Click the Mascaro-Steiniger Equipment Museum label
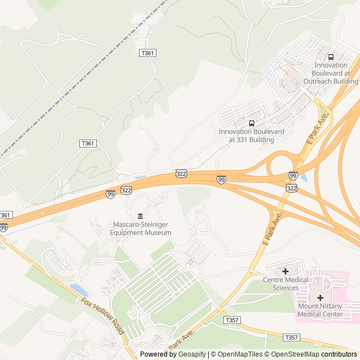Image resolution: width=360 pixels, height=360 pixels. tap(140, 228)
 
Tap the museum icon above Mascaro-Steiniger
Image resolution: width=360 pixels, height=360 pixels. tap(140, 217)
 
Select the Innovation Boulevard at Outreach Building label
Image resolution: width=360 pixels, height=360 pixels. tap(331, 73)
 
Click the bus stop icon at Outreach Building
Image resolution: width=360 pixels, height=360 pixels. tap(331, 57)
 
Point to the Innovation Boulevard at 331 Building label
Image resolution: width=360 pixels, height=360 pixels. tap(251, 136)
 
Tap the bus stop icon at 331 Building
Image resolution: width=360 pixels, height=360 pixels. tap(251, 123)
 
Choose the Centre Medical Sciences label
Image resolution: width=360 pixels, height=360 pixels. tap(286, 283)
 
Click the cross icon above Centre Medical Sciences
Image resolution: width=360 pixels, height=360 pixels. tap(285, 271)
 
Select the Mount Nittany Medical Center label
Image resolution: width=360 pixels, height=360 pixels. tap(320, 310)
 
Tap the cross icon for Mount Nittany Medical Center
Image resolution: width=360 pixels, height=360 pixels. tap(320, 298)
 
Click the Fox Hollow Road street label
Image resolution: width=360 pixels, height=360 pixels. tap(102, 316)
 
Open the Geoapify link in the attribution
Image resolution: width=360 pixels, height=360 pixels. tap(192, 354)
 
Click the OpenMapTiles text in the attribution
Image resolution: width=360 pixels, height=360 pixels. tap(240, 354)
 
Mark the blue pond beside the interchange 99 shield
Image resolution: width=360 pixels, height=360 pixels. tap(304, 178)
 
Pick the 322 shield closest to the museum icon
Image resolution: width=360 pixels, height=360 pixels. tap(126, 191)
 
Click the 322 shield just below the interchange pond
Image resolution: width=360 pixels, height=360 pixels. tap(291, 187)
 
